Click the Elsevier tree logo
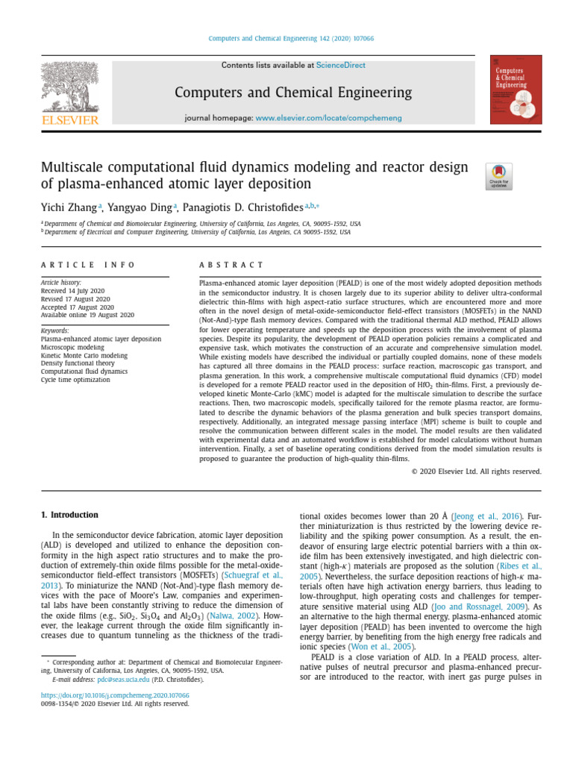coord(69,88)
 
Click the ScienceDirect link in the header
coord(341,66)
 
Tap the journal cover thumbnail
coord(515,90)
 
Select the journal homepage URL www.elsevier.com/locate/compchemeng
coord(328,118)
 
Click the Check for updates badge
coord(498,176)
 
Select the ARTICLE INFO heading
coord(88,265)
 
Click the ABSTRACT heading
coord(231,265)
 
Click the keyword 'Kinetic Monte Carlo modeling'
coord(84,355)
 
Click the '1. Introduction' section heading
coord(69,515)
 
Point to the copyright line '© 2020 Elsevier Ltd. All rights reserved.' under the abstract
coord(476,471)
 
